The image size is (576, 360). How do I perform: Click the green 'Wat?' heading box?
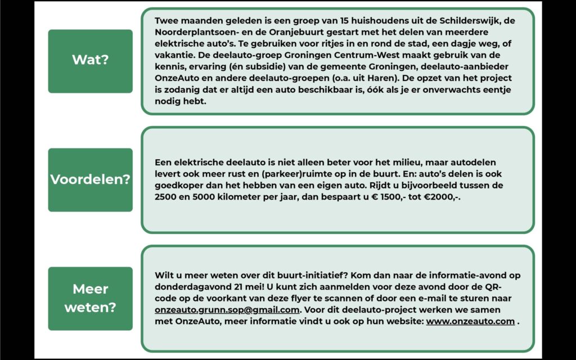(x=90, y=60)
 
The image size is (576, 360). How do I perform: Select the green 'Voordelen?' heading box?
(x=90, y=179)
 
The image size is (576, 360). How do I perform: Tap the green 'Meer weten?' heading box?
(x=90, y=298)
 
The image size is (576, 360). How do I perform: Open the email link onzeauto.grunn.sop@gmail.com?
(x=227, y=310)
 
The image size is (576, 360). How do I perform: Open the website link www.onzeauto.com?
(x=470, y=321)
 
